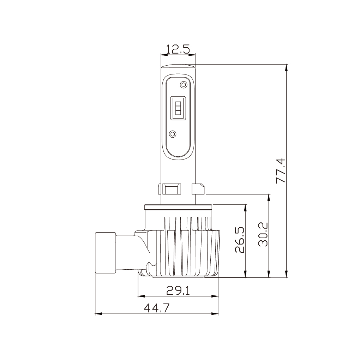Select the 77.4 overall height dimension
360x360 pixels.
(x=281, y=170)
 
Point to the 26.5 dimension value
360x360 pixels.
(x=240, y=240)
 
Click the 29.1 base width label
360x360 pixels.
(x=178, y=290)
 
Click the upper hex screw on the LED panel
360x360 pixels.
(x=183, y=84)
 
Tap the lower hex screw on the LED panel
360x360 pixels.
(x=173, y=134)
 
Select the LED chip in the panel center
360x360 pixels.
(x=178, y=107)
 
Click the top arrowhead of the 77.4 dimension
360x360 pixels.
(x=287, y=68)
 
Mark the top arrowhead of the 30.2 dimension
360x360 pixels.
(x=270, y=197)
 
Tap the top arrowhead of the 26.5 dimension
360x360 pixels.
(x=245, y=207)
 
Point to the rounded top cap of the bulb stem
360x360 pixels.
(x=178, y=66)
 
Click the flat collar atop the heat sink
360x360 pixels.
(x=178, y=206)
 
